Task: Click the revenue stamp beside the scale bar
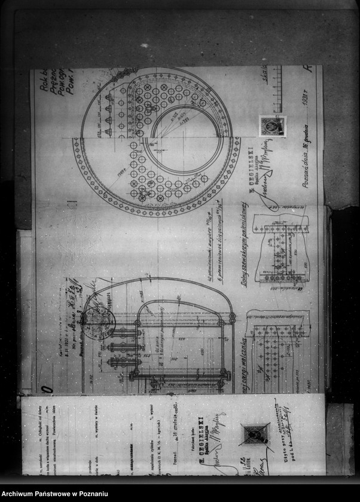(x=272, y=125)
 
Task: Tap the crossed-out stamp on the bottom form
(x=255, y=434)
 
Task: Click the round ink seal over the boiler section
(x=99, y=323)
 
